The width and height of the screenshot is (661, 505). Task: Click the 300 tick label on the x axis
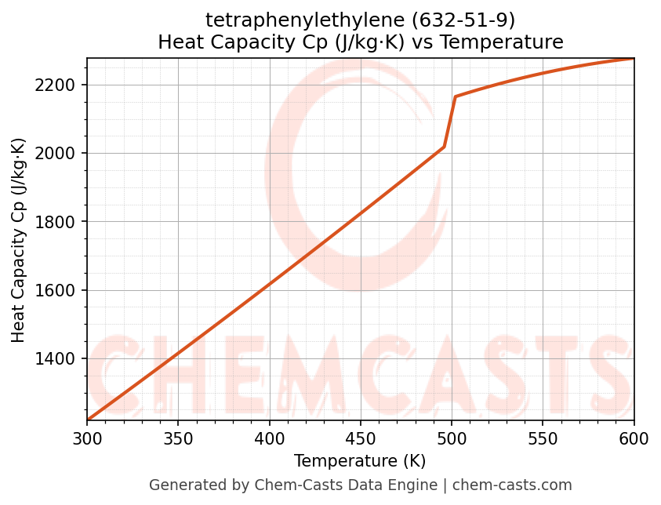coord(87,439)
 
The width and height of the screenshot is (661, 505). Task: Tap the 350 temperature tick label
coord(178,439)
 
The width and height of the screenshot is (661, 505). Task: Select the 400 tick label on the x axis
coord(270,439)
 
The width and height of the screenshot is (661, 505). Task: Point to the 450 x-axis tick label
coord(361,439)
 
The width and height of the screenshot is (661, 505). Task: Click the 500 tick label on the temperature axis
coord(452,439)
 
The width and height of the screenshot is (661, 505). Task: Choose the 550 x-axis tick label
coord(543,439)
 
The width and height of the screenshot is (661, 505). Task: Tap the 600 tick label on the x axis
coord(634,439)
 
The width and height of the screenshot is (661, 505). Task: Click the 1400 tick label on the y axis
coord(56,359)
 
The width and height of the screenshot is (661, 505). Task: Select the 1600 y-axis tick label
coord(56,290)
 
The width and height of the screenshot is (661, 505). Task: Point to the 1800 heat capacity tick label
coord(56,222)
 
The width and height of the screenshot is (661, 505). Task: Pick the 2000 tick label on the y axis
coord(56,153)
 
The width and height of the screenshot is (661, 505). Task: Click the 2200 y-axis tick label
coord(56,85)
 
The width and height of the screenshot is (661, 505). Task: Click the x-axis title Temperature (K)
coord(360,461)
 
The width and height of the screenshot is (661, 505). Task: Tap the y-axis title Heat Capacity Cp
coord(19,240)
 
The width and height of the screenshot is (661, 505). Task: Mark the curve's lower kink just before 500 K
coord(445,147)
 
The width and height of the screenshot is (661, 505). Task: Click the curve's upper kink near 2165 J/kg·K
coord(455,96)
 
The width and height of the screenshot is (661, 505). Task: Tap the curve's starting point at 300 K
coord(88,420)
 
